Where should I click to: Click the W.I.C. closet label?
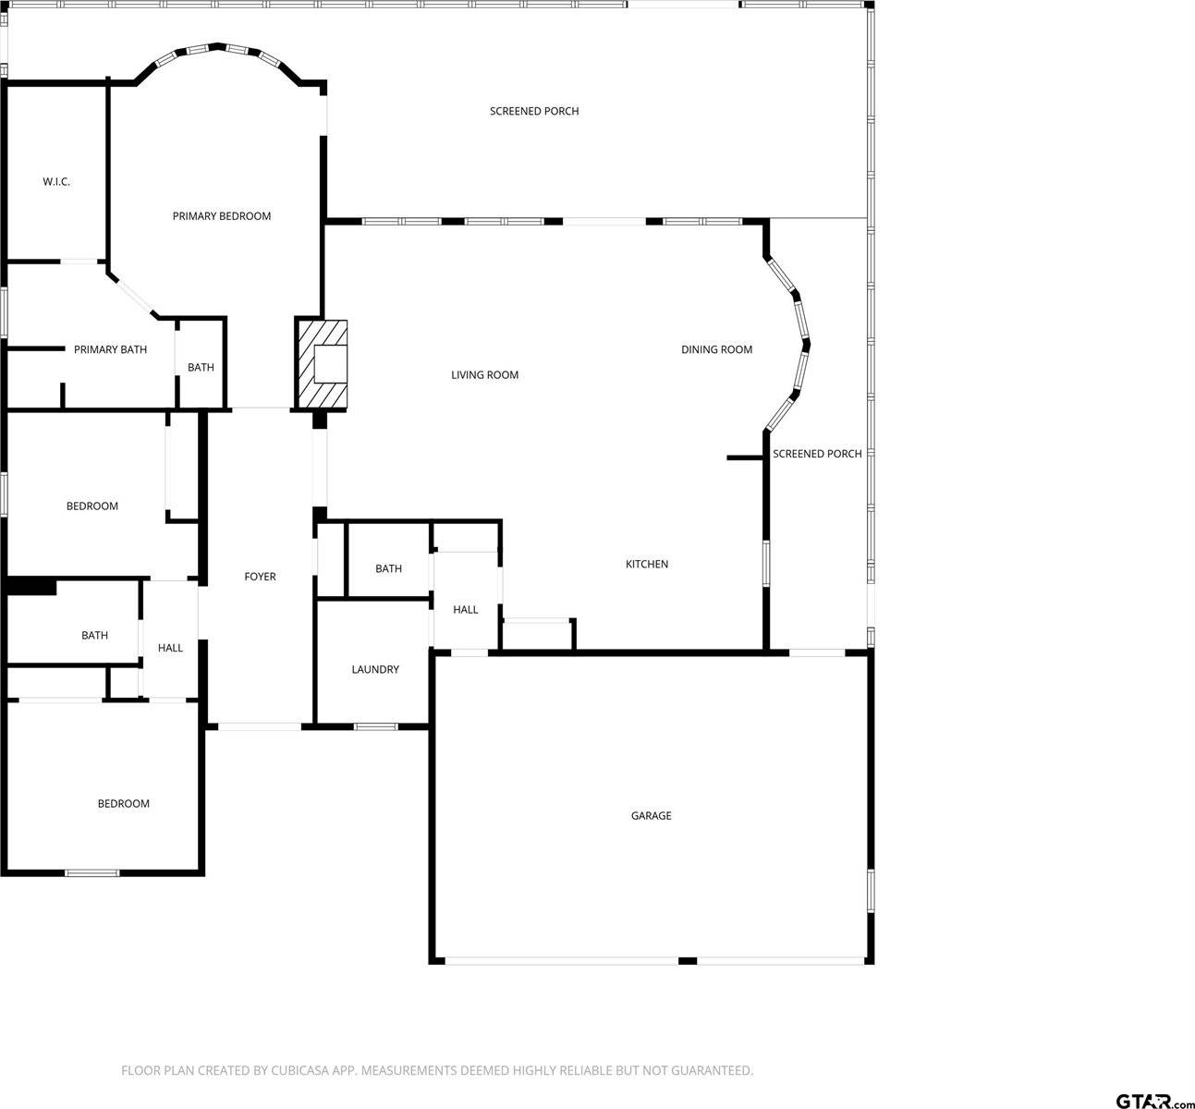click(x=56, y=182)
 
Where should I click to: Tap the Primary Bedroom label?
click(x=222, y=216)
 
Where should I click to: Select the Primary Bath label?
click(x=110, y=349)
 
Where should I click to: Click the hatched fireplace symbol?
click(x=323, y=364)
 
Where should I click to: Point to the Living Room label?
click(x=484, y=375)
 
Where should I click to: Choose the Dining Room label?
click(x=716, y=349)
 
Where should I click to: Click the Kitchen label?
click(x=647, y=565)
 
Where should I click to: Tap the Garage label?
click(x=651, y=816)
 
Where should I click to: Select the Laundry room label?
click(x=375, y=669)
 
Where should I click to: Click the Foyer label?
click(x=260, y=577)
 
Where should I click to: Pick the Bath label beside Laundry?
click(x=388, y=568)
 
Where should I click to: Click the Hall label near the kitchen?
click(x=466, y=610)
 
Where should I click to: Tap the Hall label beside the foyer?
click(x=170, y=648)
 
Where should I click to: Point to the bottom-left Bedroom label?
click(x=124, y=804)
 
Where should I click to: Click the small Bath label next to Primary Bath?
click(x=201, y=368)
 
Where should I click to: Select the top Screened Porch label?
click(x=534, y=112)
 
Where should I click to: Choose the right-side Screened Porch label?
click(x=817, y=454)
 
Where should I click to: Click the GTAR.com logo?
click(x=1154, y=1100)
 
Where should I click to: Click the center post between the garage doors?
click(x=688, y=961)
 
